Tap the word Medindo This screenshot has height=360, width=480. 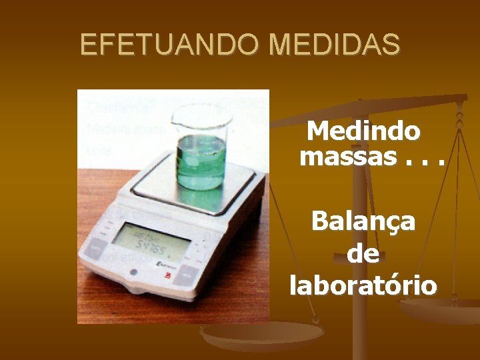click(363, 131)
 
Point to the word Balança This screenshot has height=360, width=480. click(363, 221)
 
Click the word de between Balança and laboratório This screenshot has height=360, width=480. click(363, 254)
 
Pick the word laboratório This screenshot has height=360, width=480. click(363, 285)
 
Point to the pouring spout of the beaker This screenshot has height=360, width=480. click(175, 119)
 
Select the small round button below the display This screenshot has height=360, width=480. click(132, 272)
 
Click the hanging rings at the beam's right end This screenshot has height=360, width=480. click(459, 117)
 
